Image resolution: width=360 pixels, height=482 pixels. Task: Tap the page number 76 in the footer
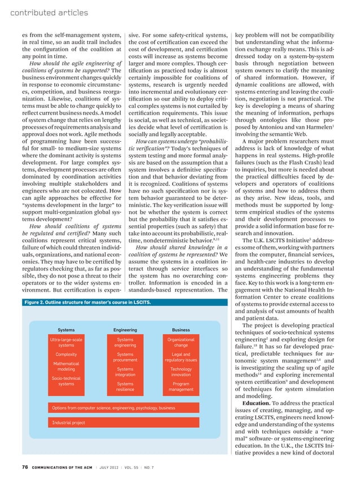pyautogui.click(x=25, y=467)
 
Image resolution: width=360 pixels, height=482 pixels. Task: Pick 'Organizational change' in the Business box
pyautogui.click(x=181, y=343)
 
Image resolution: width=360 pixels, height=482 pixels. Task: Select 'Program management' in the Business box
pyautogui.click(x=181, y=387)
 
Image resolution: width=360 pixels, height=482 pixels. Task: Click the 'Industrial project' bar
pyautogui.click(x=68, y=422)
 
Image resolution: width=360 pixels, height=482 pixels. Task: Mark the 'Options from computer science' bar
pyautogui.click(x=113, y=407)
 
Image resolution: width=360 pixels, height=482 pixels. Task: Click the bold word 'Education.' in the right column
pyautogui.click(x=259, y=402)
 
